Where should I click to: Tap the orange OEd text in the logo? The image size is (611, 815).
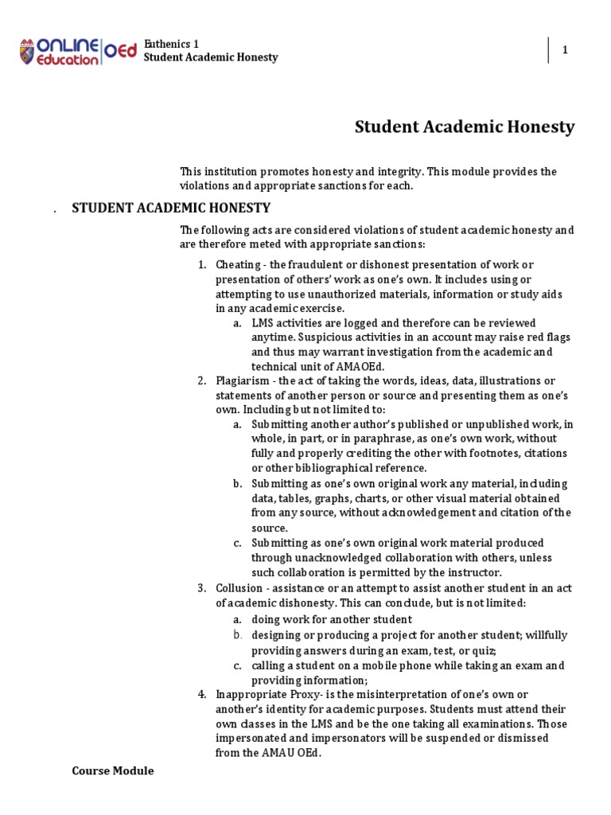point(120,51)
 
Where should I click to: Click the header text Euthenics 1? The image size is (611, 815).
point(172,43)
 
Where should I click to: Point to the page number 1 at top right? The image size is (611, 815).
point(565,50)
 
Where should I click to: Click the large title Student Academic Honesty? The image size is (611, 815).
point(464,127)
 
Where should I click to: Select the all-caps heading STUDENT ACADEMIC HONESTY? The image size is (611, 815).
point(171,209)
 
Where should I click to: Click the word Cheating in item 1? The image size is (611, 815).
point(237,264)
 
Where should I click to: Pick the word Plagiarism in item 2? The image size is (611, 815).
point(241,380)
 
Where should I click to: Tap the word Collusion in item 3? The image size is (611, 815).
point(239,588)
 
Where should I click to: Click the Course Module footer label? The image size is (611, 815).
point(112,771)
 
